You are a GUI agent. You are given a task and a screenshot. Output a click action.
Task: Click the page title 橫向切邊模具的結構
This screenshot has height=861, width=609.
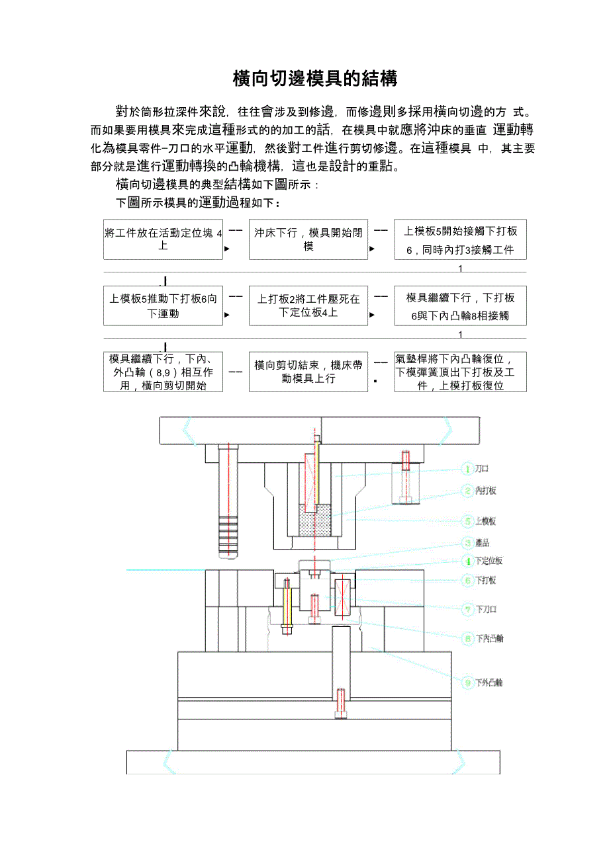pos(315,79)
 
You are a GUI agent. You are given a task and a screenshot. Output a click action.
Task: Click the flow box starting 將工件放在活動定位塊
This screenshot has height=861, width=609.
pos(163,239)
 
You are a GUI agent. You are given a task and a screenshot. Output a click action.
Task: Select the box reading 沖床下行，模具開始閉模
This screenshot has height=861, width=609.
pos(308,239)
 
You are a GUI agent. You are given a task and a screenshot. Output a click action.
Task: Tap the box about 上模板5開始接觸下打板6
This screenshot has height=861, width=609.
pos(460,239)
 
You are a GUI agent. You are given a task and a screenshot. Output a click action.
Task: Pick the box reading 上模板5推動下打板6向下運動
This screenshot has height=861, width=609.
pos(163,306)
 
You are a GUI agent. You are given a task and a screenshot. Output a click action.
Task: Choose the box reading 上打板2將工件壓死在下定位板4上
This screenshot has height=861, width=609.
pos(308,306)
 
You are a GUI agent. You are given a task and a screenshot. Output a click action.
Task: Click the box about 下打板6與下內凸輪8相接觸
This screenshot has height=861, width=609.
pos(460,306)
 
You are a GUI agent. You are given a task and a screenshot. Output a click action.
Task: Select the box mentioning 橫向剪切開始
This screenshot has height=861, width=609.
pos(163,372)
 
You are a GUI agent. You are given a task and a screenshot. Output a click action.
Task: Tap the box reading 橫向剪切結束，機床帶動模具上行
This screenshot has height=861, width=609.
pos(308,372)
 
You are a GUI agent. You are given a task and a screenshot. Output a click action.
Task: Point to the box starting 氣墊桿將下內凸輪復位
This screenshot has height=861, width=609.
pos(460,372)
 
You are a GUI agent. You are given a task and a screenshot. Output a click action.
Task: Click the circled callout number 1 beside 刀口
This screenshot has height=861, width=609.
pos(467,469)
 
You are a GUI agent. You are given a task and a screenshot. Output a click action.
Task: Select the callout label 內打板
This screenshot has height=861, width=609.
pos(486,491)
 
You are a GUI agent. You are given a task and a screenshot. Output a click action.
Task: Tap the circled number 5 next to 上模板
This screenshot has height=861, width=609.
pos(467,521)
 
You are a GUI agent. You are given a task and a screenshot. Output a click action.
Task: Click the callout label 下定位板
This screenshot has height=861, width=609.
pos(490,561)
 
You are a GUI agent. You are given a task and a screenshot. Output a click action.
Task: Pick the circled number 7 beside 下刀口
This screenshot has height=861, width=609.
pos(467,609)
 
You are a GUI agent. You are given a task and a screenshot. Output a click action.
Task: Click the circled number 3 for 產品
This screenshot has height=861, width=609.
pos(467,543)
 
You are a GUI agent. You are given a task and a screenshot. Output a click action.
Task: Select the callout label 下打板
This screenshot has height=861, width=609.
pos(486,581)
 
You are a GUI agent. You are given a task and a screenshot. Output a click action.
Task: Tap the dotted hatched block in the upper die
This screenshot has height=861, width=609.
pos(315,521)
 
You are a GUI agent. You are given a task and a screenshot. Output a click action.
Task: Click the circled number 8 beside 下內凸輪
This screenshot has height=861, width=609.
pos(467,639)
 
